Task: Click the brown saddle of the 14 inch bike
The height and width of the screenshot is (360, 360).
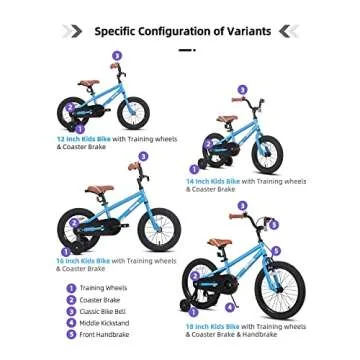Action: (227, 119)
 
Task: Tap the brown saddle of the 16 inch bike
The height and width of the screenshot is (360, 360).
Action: (99, 190)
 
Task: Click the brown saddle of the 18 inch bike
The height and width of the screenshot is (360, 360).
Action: (219, 243)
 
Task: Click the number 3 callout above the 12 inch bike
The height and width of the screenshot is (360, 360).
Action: (117, 56)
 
